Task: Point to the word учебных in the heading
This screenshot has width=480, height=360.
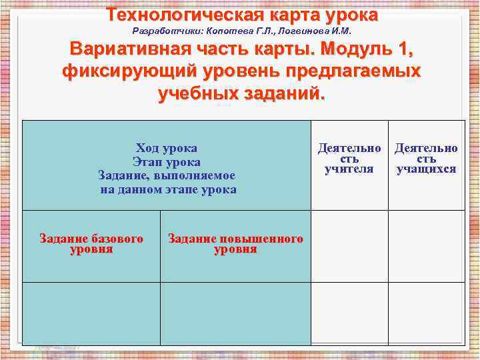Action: [x=201, y=93]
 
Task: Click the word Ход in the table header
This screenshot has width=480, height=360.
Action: [x=147, y=148]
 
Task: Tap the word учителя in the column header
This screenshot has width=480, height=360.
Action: [x=349, y=169]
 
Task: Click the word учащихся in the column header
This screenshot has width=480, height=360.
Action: [x=426, y=169]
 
